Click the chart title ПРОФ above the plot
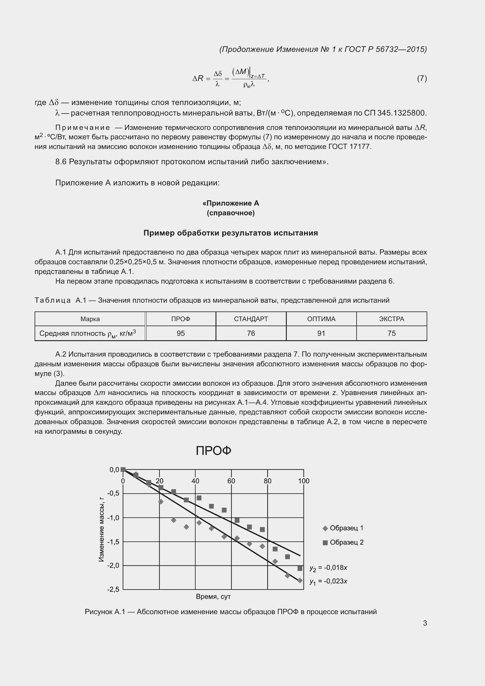tap(213, 451)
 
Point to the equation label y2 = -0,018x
tap(328, 568)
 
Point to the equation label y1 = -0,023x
tap(328, 581)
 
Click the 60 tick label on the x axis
tap(231, 481)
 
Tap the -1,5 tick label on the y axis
tap(113, 542)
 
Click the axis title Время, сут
tap(213, 597)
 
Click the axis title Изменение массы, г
tap(101, 529)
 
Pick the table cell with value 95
tap(181, 333)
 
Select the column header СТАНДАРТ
tap(251, 319)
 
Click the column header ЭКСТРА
tap(391, 319)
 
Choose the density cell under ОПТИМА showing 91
tap(321, 333)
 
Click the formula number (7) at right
tap(422, 78)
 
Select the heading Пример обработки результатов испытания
tap(230, 233)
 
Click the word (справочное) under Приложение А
tap(230, 213)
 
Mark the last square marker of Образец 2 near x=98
tap(300, 568)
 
